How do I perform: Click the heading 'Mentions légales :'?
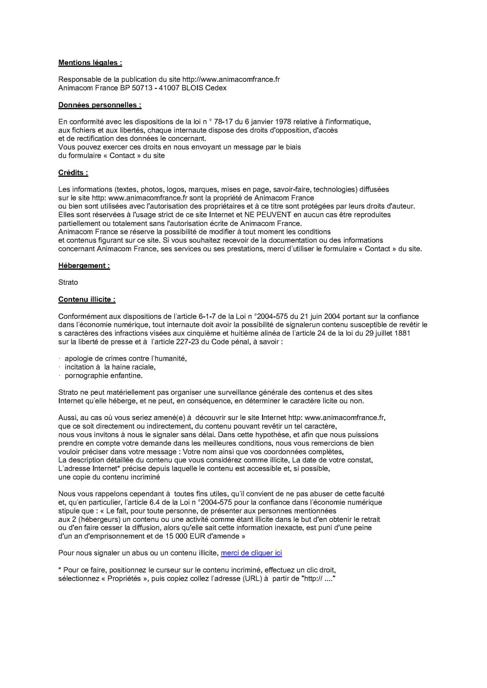90,62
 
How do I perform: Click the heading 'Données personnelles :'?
99,105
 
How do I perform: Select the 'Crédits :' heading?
73,173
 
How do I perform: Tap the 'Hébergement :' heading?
84,266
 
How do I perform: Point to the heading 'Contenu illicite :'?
87,299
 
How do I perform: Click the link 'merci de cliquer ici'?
251,553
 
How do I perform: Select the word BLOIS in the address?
191,88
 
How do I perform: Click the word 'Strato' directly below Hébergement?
68,282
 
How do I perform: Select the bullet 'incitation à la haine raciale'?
110,367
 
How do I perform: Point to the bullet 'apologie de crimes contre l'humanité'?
126,358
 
